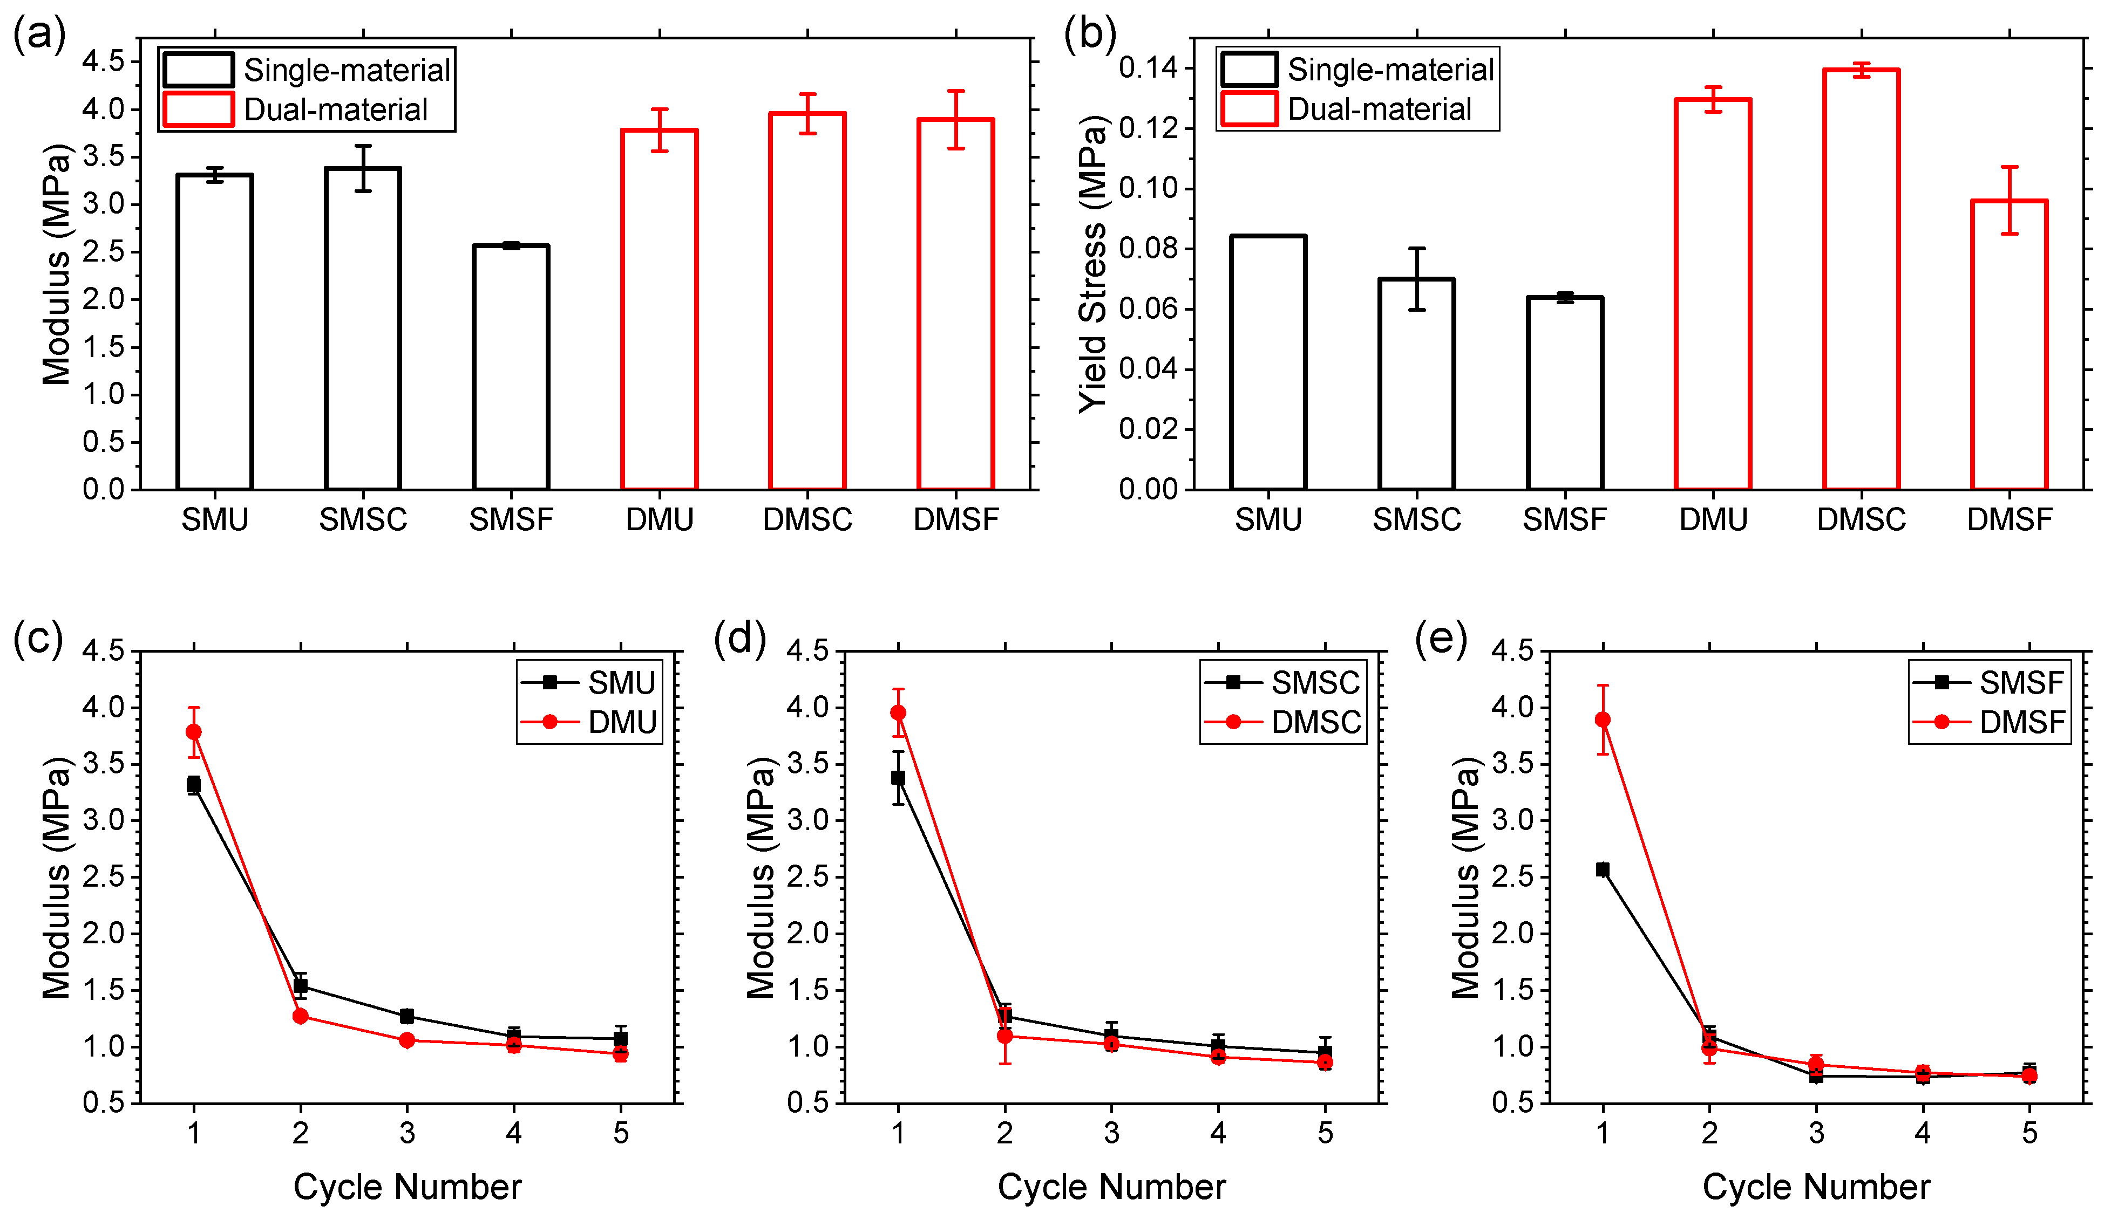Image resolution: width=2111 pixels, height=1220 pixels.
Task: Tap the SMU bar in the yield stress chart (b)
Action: point(1268,362)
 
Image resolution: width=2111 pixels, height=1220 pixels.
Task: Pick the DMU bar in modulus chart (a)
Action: point(659,309)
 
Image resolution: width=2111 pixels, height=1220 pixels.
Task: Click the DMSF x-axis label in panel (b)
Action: point(2010,520)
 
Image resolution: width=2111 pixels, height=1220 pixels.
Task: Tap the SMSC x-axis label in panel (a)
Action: point(363,520)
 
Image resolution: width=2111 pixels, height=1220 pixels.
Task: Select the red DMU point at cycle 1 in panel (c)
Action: point(194,732)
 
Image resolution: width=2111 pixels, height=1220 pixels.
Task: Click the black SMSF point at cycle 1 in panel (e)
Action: point(1603,869)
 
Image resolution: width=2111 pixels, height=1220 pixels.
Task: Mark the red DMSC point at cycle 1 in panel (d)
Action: point(898,712)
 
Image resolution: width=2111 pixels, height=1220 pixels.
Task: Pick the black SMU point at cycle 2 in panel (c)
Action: point(300,985)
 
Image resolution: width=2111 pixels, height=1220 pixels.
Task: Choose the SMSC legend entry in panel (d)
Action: point(1282,682)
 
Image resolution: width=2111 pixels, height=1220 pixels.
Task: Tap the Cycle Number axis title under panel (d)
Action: point(1111,1187)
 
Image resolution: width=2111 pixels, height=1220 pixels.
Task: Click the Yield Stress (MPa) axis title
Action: point(1092,264)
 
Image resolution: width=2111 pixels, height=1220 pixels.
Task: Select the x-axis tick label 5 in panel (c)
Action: point(621,1133)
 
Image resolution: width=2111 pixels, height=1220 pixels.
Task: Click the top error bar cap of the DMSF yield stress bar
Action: point(2010,167)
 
